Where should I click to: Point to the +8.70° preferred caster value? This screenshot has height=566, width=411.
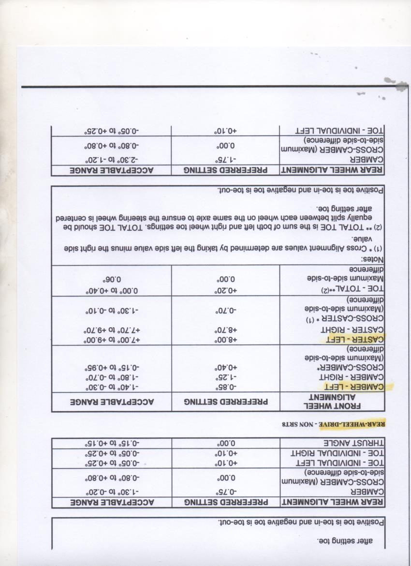pos(226,330)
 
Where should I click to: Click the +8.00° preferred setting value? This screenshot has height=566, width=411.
pos(226,340)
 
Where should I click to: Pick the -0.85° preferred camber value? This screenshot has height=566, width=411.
pos(226,387)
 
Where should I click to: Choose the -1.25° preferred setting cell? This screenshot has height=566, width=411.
pos(226,377)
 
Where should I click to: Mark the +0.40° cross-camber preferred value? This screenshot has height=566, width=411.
pos(226,368)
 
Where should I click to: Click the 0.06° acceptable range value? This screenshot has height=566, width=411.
pos(112,279)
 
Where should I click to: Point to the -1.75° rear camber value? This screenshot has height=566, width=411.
pos(226,160)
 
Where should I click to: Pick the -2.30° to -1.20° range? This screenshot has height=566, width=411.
pos(112,160)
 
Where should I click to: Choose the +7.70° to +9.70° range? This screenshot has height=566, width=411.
pos(112,330)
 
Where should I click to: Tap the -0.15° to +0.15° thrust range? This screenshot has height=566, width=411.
pos(112,443)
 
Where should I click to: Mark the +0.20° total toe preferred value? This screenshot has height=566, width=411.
pos(226,289)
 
